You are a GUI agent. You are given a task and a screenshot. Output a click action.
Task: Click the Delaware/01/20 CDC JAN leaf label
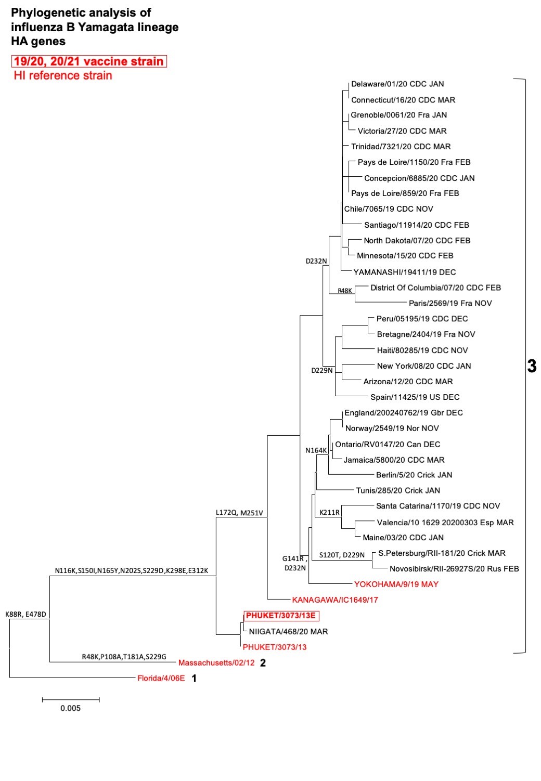point(397,84)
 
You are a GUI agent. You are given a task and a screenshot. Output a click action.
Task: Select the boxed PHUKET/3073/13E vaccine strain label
point(281,616)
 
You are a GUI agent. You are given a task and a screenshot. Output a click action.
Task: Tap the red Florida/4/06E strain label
point(161,679)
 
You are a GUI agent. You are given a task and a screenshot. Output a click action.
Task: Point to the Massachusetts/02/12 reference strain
point(216,663)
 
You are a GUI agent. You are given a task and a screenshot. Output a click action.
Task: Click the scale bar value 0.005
point(70,708)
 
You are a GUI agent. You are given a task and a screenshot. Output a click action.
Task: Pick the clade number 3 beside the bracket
point(532,367)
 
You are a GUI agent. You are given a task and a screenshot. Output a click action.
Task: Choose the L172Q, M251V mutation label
point(239,513)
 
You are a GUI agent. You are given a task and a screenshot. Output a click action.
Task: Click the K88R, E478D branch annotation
point(25,614)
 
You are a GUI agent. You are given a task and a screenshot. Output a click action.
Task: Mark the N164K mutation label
point(316,451)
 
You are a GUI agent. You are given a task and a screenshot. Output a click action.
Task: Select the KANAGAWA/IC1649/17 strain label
point(335,600)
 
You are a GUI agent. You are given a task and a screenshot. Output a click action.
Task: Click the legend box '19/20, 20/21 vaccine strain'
point(89,61)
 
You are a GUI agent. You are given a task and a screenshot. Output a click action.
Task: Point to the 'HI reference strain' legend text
point(63,76)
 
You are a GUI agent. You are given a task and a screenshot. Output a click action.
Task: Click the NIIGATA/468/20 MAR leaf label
point(288,632)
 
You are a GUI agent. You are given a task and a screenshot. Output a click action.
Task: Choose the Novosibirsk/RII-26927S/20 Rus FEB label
point(454,569)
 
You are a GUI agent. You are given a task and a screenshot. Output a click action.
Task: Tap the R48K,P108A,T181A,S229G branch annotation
point(124,657)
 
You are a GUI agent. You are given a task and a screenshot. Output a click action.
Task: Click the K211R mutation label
point(329,513)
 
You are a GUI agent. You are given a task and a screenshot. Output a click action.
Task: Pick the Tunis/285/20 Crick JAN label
point(398,490)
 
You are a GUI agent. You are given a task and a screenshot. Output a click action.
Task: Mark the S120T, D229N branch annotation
point(342,555)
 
